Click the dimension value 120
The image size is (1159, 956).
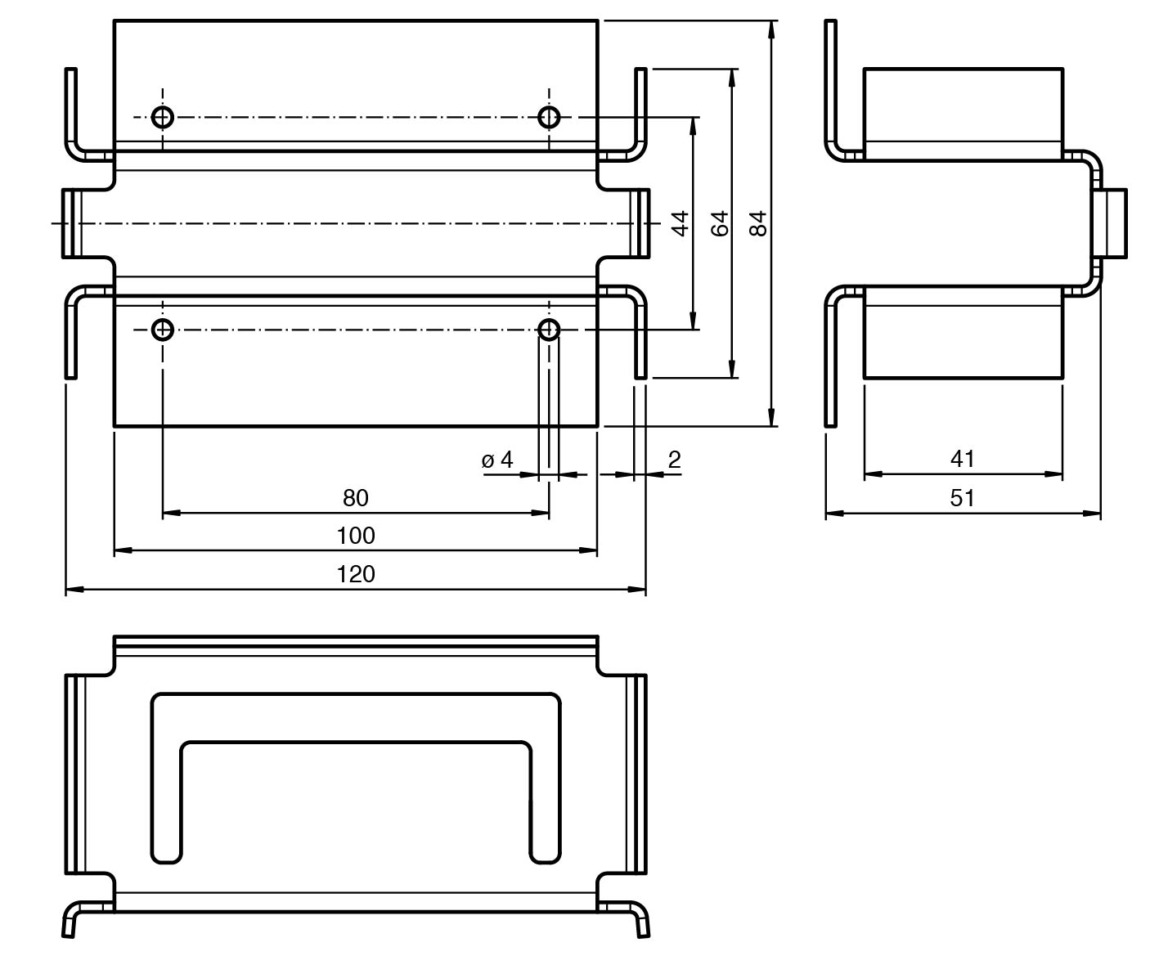tap(356, 574)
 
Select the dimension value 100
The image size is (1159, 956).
tap(356, 536)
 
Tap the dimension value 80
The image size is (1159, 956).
tap(356, 497)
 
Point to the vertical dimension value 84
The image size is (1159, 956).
tap(758, 223)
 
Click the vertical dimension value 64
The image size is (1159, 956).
tap(719, 223)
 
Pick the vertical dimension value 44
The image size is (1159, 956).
tap(680, 223)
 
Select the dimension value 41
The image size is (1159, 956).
tap(963, 459)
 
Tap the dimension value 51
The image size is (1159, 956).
tap(963, 498)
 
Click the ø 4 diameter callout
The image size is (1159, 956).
tap(497, 460)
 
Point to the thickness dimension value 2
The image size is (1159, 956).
tap(674, 460)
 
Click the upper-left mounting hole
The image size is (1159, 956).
tap(163, 117)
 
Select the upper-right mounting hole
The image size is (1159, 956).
tap(549, 117)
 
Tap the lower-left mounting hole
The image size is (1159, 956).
tap(163, 330)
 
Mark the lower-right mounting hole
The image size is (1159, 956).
tap(549, 330)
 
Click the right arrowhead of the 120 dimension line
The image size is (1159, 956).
tap(638, 589)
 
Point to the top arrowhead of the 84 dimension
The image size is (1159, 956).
tap(771, 29)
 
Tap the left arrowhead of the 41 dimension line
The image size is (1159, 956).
tap(873, 474)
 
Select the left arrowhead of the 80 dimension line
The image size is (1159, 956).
tap(171, 513)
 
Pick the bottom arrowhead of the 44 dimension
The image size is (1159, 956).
tap(694, 321)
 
